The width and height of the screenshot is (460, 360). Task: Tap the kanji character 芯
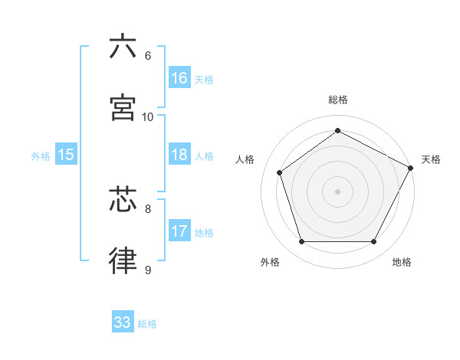tap(123, 200)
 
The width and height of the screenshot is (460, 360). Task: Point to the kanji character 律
tap(123, 260)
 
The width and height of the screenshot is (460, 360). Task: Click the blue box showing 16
tap(179, 78)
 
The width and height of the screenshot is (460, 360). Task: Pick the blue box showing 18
tap(179, 155)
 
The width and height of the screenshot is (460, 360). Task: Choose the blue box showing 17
tap(179, 231)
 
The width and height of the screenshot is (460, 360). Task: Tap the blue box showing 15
tap(66, 155)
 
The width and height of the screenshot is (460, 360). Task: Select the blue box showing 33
tap(123, 322)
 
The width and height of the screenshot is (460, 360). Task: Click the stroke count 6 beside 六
tap(148, 56)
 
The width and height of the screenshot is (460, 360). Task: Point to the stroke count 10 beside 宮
tap(148, 117)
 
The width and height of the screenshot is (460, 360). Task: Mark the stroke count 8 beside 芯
tap(148, 208)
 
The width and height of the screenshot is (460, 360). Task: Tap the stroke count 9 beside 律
tap(148, 270)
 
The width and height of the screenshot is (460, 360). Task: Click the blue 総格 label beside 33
tap(147, 324)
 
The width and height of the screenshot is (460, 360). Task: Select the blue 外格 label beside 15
tap(41, 156)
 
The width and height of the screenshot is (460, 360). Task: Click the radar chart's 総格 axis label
tap(338, 100)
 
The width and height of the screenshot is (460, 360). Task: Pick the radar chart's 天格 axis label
tap(431, 159)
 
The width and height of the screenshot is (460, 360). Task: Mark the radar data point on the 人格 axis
tap(280, 172)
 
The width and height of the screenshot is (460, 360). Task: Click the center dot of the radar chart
tap(337, 191)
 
